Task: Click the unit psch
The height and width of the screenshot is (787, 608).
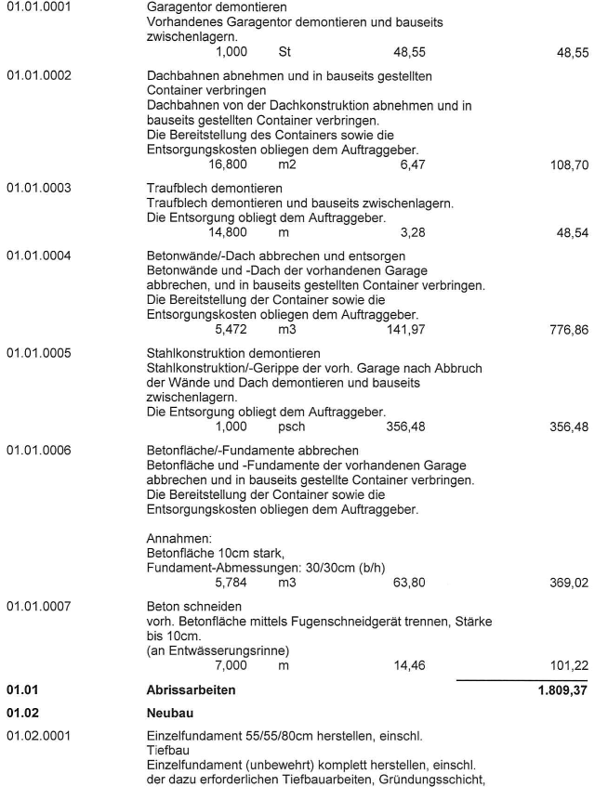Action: click(x=292, y=427)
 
